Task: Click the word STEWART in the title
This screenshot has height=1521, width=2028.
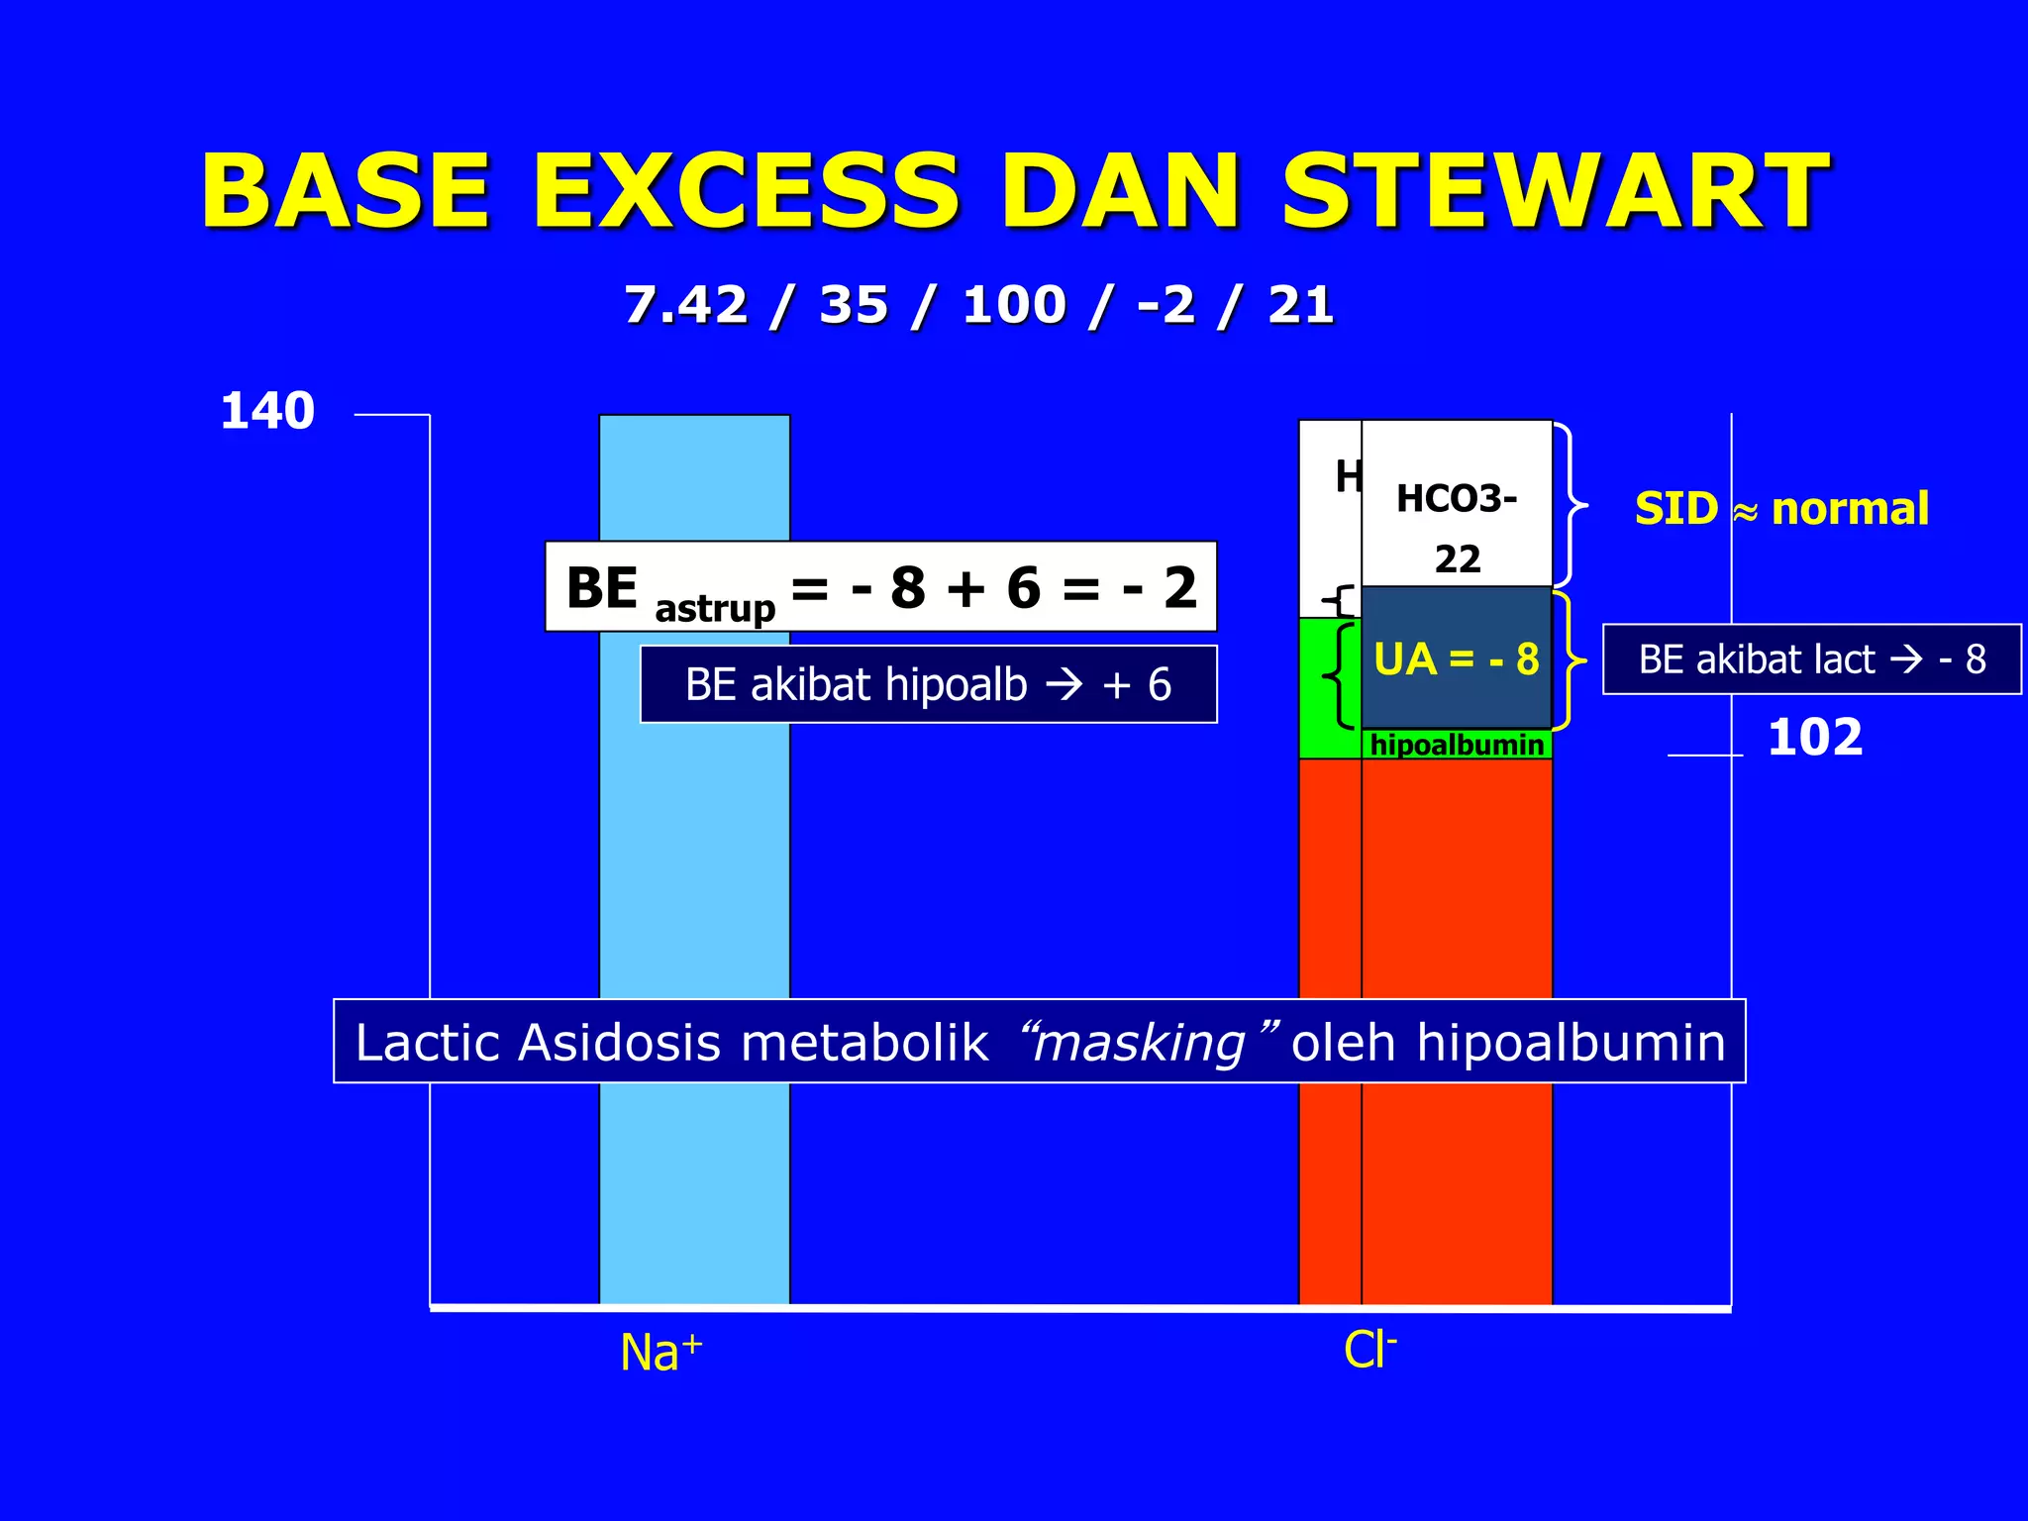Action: point(1555,190)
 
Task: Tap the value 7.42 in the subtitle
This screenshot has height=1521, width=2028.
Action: point(685,304)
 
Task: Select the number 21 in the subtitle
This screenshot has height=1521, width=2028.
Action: point(1300,304)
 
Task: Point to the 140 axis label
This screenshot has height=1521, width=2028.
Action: point(267,411)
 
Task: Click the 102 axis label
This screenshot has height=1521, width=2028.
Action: point(1814,738)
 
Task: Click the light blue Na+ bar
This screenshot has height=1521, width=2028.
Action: point(694,891)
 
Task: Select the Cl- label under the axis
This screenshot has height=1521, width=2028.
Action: point(1369,1350)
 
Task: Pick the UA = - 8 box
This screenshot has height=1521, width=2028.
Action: point(1456,659)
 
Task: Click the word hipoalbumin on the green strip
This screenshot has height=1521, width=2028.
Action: point(1456,746)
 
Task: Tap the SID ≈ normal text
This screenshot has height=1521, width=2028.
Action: point(1780,509)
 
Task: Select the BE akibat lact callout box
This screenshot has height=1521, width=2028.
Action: point(1811,659)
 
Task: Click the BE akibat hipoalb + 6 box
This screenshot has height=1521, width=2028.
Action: point(928,684)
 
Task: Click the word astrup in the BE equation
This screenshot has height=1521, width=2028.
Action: point(715,607)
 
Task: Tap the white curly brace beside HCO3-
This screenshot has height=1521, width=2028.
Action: point(1572,505)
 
